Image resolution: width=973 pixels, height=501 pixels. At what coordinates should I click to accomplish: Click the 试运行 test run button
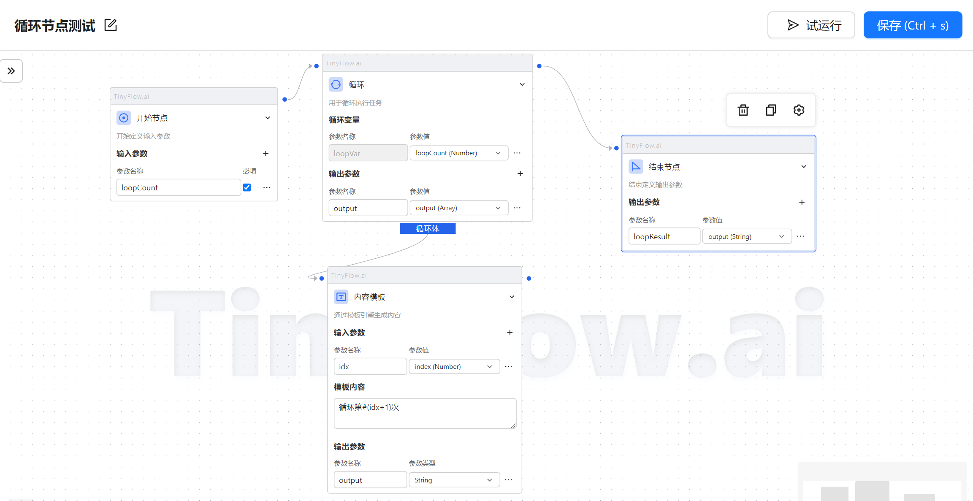[x=811, y=25]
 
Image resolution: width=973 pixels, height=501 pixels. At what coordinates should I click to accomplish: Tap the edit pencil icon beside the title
[x=111, y=25]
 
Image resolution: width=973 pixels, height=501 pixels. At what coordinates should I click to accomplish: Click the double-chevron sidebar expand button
[x=11, y=71]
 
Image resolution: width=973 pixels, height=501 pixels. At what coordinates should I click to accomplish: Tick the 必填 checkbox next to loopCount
[x=247, y=187]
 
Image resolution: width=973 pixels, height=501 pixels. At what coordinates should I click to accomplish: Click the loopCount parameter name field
[x=179, y=187]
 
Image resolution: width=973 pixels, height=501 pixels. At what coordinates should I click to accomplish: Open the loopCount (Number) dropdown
[x=459, y=153]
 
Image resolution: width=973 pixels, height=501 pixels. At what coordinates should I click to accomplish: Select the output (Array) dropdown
[x=459, y=208]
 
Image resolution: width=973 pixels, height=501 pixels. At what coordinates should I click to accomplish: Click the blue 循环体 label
[x=428, y=228]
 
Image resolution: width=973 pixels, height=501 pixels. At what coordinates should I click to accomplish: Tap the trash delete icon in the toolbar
[x=743, y=110]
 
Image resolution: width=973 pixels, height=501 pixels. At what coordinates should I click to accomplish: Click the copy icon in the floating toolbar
[x=771, y=110]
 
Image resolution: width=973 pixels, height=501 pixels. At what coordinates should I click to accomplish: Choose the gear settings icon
[x=799, y=110]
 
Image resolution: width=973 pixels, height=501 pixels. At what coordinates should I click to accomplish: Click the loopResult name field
[x=664, y=236]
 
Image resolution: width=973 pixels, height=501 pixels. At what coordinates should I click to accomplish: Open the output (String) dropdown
[x=747, y=236]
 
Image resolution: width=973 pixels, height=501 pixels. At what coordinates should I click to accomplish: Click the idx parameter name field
[x=370, y=366]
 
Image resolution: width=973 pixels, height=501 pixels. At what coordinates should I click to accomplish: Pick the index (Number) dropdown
[x=454, y=366]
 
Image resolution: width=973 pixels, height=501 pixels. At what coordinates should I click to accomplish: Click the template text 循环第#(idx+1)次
[x=369, y=407]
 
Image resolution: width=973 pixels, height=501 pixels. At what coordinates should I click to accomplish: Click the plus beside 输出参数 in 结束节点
[x=802, y=202]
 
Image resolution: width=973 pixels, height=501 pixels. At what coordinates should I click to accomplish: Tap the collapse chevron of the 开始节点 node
[x=268, y=118]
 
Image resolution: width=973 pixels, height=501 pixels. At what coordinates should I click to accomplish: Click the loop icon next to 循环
[x=336, y=84]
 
